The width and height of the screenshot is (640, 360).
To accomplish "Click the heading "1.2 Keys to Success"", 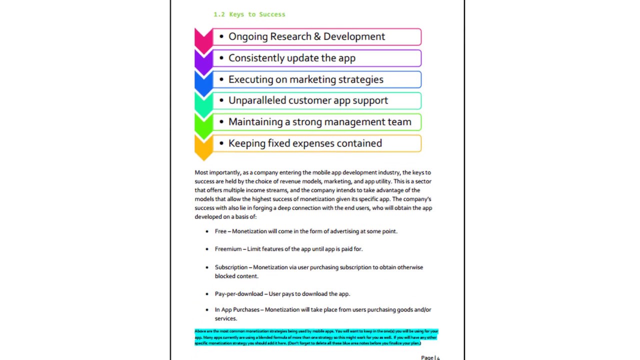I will coord(249,14).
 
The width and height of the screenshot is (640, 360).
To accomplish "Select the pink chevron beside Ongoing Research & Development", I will coord(203,39).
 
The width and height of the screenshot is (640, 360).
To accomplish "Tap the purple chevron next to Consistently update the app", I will coord(203,60).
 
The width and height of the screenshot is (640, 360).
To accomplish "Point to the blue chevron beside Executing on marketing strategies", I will coord(203,82).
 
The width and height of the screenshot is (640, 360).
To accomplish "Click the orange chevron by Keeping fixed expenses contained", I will coord(203,146).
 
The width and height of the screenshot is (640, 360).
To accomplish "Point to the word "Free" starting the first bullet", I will coord(220,231).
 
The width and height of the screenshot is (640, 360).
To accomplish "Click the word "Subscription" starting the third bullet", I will coord(231,267).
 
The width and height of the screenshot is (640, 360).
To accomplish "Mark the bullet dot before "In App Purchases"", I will coord(207,310).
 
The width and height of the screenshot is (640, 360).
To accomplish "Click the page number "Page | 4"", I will coord(430,357).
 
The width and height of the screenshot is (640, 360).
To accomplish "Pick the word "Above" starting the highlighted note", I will coord(199,331).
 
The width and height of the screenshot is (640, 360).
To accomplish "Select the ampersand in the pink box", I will coord(317,36).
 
